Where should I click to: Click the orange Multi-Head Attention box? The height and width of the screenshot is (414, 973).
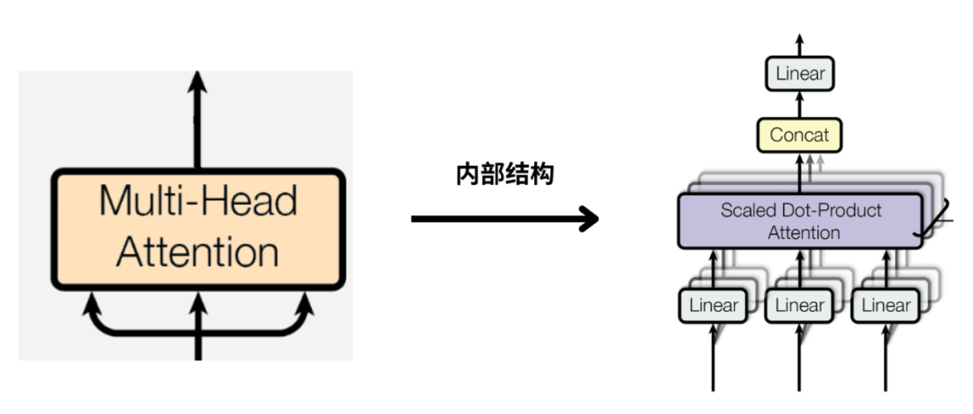tap(197, 228)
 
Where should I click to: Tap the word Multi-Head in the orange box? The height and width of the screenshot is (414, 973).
tap(197, 200)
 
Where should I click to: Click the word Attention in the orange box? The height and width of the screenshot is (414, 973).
tap(197, 253)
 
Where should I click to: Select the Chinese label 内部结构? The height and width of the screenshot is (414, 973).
tap(504, 175)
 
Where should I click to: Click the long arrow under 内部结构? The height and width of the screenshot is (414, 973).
tap(505, 218)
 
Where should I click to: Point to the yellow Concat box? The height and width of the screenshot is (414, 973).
tap(800, 136)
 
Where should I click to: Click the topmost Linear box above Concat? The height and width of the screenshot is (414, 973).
tap(800, 74)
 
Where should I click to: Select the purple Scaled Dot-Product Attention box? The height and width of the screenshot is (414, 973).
tap(800, 221)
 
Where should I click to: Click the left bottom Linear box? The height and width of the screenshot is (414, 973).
tap(713, 306)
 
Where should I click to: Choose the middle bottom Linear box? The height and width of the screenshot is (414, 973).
tap(800, 306)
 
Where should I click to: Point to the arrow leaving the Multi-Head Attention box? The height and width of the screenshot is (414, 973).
tap(197, 117)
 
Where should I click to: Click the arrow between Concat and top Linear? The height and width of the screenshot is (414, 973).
tap(800, 105)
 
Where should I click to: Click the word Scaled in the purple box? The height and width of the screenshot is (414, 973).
tap(745, 211)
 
